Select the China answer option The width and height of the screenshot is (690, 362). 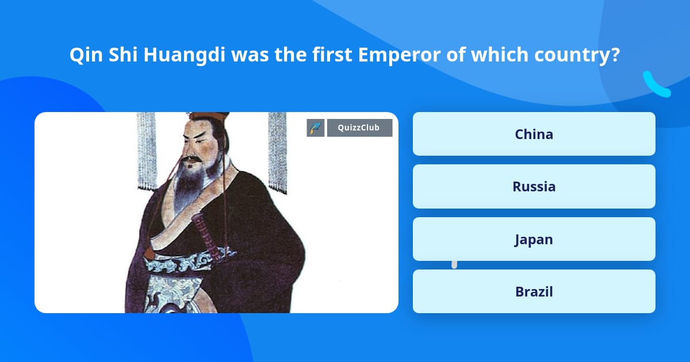click(534, 134)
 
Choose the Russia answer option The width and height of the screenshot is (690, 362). click(534, 186)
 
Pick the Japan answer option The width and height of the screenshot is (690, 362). click(534, 239)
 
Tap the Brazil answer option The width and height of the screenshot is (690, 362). click(534, 291)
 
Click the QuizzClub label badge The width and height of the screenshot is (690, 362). click(359, 128)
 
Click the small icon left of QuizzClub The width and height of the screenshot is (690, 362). click(315, 128)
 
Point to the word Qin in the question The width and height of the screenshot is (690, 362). click(83, 55)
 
